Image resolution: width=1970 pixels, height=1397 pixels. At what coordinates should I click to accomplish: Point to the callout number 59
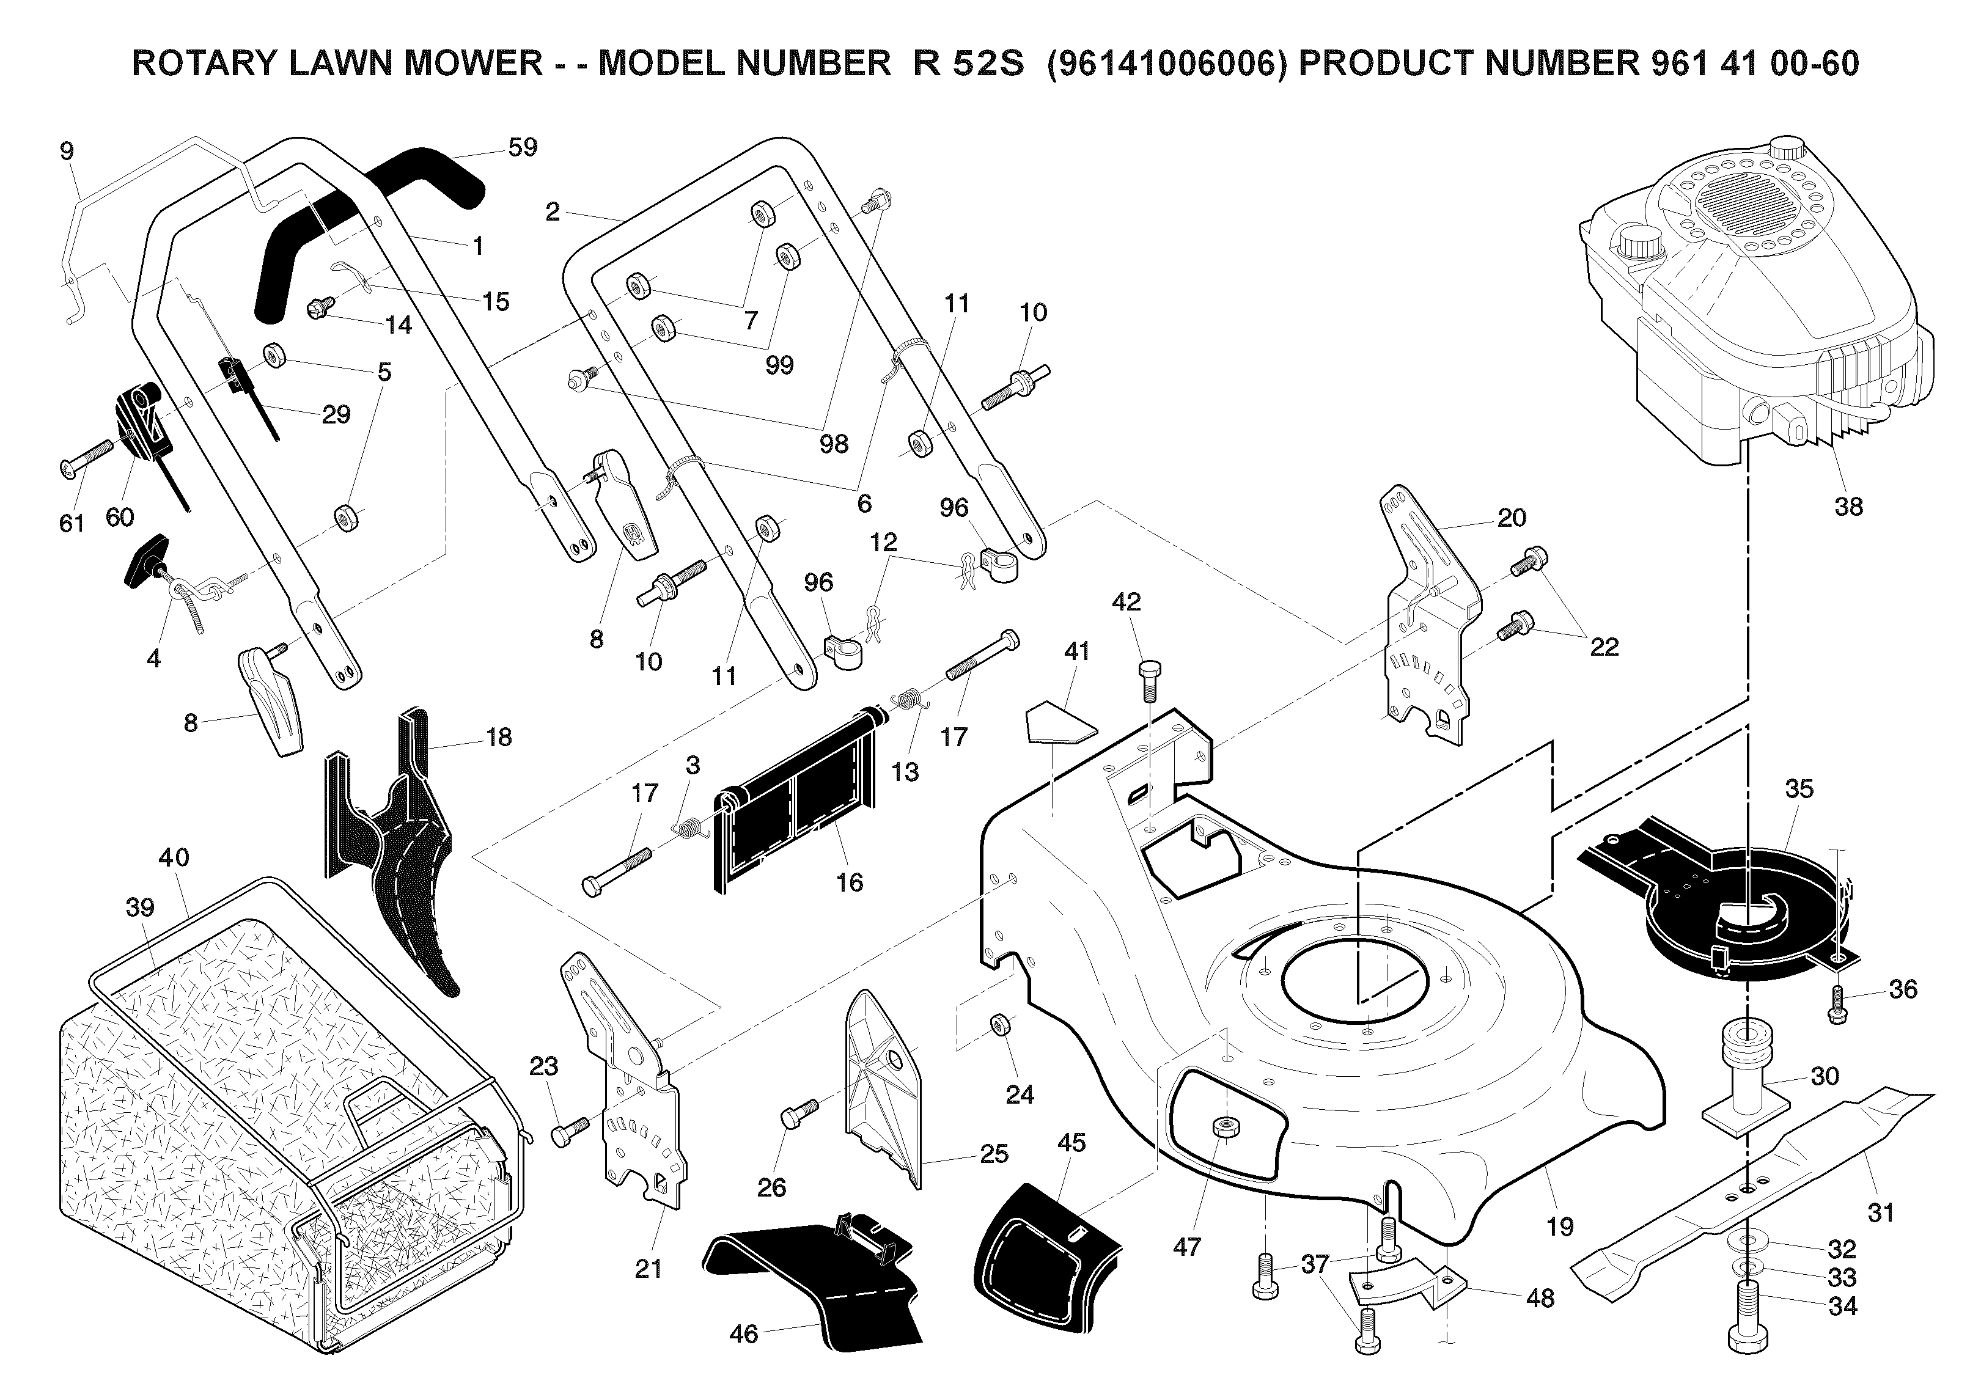tap(522, 147)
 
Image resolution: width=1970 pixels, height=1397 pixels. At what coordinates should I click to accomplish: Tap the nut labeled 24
tap(1001, 1024)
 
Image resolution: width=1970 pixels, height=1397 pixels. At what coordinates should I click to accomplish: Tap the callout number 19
tap(1560, 1226)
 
